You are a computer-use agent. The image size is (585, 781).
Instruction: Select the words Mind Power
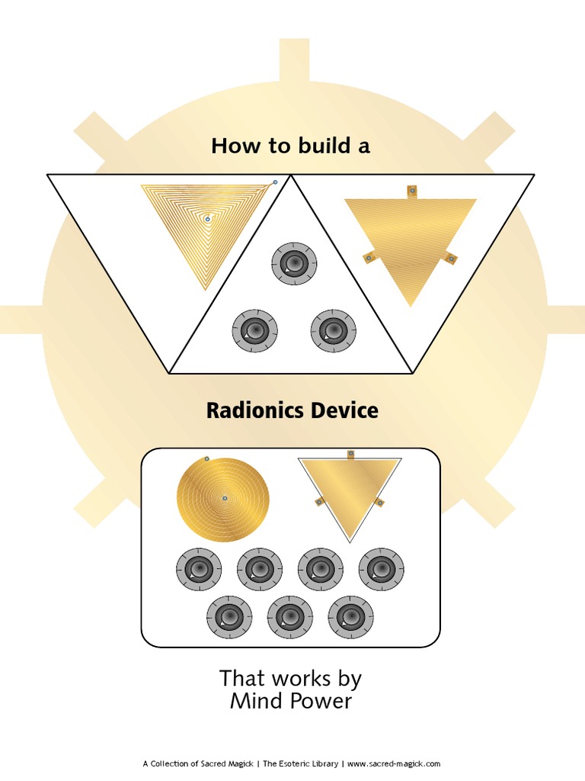[x=291, y=701]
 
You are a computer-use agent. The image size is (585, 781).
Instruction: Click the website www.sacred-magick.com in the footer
[x=394, y=763]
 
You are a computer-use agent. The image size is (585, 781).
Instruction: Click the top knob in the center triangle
[x=294, y=264]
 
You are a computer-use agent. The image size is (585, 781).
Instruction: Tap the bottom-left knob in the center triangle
[x=254, y=330]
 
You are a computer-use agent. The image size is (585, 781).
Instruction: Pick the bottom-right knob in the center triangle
[x=334, y=330]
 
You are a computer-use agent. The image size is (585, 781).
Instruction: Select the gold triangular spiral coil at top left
[x=206, y=229]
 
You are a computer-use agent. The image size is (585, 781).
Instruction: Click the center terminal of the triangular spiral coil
[x=207, y=219]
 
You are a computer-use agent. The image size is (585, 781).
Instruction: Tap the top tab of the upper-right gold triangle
[x=411, y=191]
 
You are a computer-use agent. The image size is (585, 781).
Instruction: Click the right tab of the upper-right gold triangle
[x=450, y=259]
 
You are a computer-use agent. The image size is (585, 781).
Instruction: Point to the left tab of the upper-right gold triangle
[x=368, y=257]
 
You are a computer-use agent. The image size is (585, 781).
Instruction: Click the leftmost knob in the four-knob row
[x=199, y=569]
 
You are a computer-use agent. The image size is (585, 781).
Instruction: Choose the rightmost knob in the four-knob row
[x=381, y=569]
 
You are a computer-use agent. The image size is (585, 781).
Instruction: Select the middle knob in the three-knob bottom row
[x=289, y=617]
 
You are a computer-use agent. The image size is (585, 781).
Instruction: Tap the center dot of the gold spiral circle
[x=225, y=498]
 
